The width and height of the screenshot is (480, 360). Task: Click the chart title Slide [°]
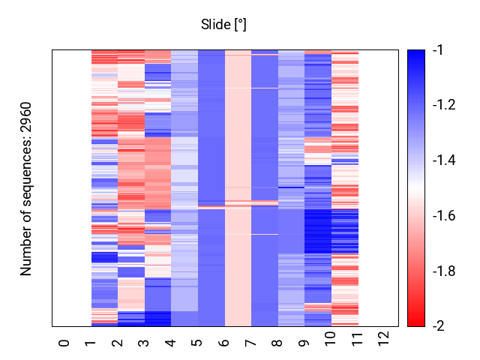click(x=223, y=25)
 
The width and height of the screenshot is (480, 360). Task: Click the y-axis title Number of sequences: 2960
click(x=25, y=189)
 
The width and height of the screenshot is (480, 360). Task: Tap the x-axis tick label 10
click(x=331, y=339)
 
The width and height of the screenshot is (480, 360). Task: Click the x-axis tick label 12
click(x=384, y=339)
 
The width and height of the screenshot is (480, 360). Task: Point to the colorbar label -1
click(x=438, y=49)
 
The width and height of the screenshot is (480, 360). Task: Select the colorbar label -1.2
click(x=444, y=105)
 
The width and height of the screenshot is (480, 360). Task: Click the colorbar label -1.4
click(x=444, y=160)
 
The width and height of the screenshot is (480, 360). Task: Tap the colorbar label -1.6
click(x=444, y=215)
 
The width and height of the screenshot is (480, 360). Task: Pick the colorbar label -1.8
click(x=444, y=271)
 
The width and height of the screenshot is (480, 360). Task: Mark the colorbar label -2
click(x=439, y=326)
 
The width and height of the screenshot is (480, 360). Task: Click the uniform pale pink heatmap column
click(x=238, y=188)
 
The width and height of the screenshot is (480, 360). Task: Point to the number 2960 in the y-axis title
click(x=25, y=117)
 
